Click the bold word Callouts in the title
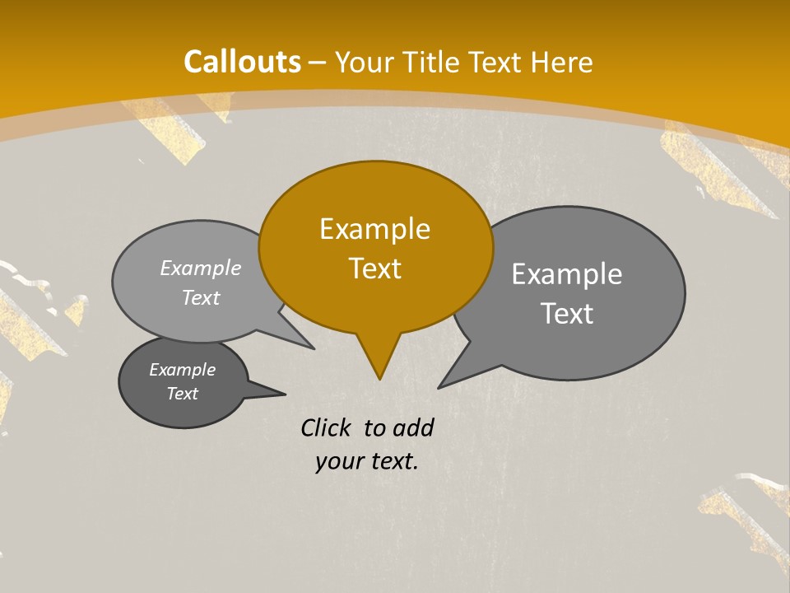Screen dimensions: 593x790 click(x=242, y=62)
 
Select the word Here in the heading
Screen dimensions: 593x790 click(x=562, y=62)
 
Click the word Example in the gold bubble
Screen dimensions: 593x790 click(x=374, y=229)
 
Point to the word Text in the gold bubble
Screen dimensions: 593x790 click(x=374, y=268)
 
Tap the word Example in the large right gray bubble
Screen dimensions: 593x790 click(x=567, y=274)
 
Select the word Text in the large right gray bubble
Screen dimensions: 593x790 click(x=567, y=314)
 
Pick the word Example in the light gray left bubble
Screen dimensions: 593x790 click(x=201, y=268)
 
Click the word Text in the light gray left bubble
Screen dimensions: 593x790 click(x=201, y=297)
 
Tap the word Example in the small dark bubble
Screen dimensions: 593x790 click(x=182, y=370)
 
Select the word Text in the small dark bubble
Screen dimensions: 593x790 click(x=182, y=394)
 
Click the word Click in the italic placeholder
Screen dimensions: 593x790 click(x=326, y=427)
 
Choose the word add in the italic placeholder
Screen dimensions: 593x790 click(x=413, y=427)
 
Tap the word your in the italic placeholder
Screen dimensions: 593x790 click(x=337, y=461)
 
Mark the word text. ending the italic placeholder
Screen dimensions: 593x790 click(x=393, y=461)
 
